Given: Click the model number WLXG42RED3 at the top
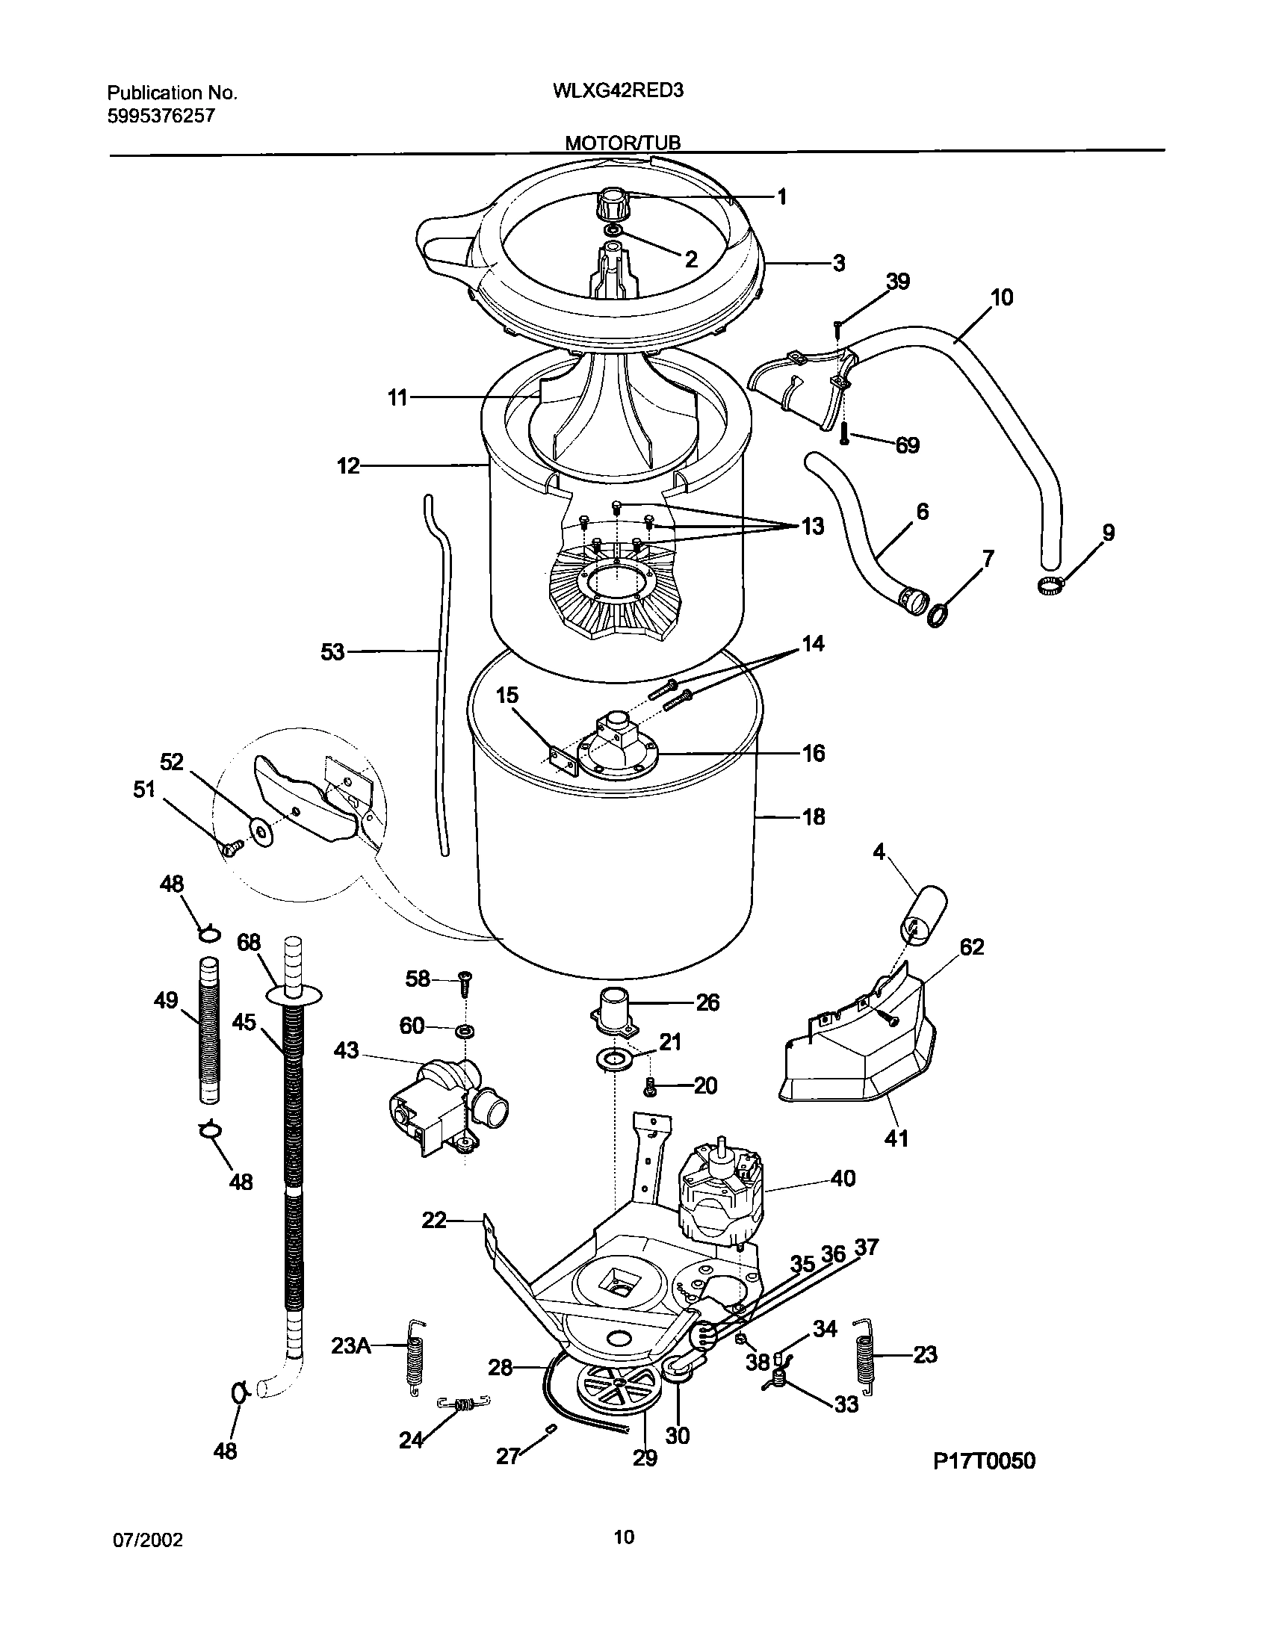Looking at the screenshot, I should (x=619, y=91).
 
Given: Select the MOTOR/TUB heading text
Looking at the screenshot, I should (x=622, y=143).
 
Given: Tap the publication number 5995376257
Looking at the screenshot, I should (x=161, y=116).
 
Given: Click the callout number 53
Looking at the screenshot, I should (x=332, y=652).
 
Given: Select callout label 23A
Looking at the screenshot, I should (x=351, y=1345).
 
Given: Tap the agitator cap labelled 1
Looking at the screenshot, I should (x=613, y=202).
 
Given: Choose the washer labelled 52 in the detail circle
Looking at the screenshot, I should (x=261, y=831).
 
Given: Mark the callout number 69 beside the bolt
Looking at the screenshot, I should (x=906, y=446).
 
